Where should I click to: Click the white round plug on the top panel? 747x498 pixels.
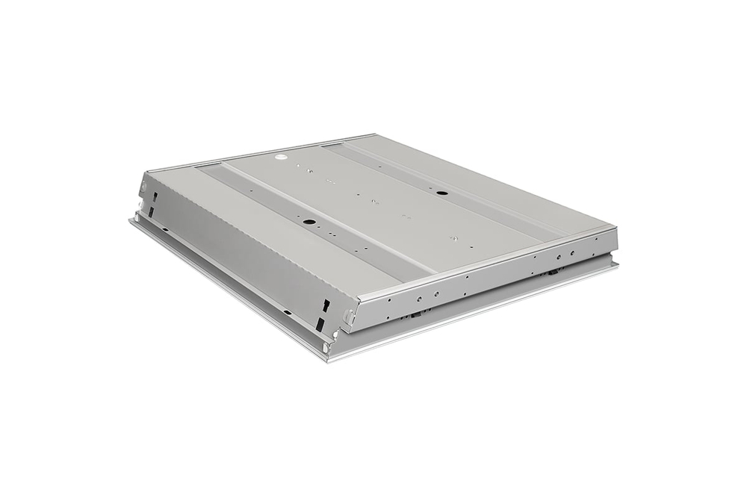click(283, 158)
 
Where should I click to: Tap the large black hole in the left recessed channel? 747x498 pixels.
click(308, 222)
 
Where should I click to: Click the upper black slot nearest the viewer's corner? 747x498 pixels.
click(326, 305)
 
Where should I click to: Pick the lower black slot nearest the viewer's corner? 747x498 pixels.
click(320, 325)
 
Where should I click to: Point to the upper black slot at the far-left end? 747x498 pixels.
click(155, 196)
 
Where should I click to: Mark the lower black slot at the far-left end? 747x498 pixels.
click(150, 213)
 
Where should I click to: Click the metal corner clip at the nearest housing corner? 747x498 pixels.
click(348, 317)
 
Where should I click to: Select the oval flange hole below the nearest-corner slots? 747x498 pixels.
click(326, 346)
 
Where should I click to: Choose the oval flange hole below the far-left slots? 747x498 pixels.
click(137, 217)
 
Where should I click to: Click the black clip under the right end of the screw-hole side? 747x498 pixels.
click(554, 273)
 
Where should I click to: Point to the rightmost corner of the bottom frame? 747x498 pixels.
click(617, 265)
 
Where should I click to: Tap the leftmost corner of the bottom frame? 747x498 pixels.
click(131, 219)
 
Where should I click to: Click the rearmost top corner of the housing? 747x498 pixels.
click(375, 135)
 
